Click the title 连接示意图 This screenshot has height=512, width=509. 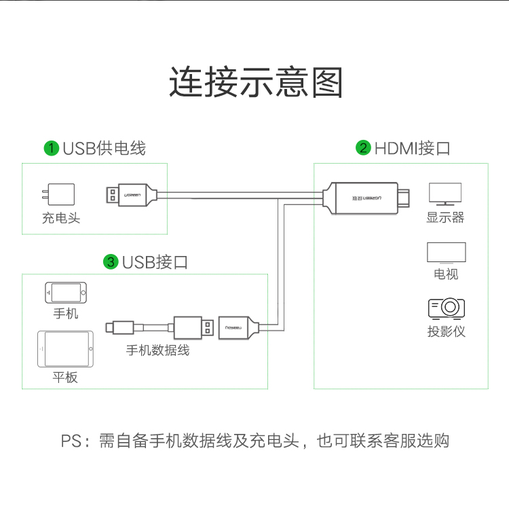[256, 83]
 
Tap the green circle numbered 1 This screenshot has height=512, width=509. [50, 148]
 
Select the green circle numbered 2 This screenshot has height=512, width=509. [363, 148]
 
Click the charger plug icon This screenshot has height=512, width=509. [57, 196]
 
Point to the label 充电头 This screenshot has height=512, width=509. [61, 219]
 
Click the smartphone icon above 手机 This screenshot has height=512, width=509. [66, 293]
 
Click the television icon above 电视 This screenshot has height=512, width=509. [446, 253]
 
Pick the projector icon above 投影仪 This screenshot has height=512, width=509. [446, 308]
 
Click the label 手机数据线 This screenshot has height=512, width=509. [157, 350]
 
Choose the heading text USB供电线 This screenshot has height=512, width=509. [104, 148]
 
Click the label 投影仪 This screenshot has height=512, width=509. [447, 332]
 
